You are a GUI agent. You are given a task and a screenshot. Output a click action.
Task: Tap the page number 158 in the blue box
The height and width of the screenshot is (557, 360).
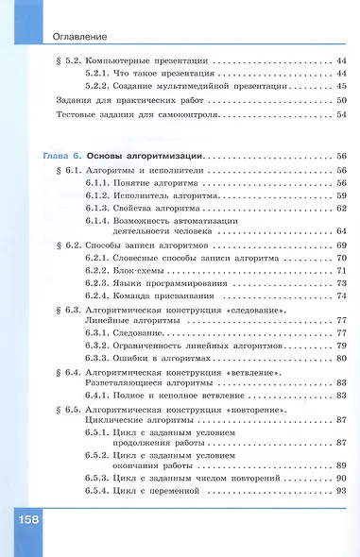tap(25, 522)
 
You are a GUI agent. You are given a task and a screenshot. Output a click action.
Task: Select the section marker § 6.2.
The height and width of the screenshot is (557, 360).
tap(64, 245)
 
